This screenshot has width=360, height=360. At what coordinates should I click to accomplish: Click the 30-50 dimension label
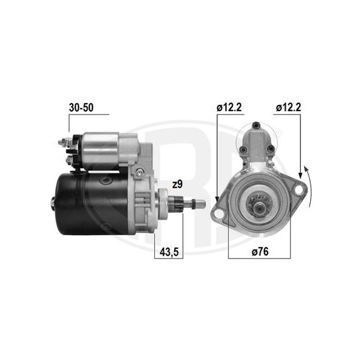(x=81, y=107)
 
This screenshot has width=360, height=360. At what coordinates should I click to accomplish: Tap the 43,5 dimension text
(x=169, y=252)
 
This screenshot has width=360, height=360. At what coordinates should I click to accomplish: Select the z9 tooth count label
(x=178, y=184)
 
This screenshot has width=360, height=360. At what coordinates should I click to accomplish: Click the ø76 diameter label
(x=260, y=251)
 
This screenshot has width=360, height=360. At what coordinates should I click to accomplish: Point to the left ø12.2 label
(x=229, y=107)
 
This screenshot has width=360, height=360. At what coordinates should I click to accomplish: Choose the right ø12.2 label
(x=289, y=107)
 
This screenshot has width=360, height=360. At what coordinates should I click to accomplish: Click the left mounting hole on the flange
(x=219, y=214)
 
